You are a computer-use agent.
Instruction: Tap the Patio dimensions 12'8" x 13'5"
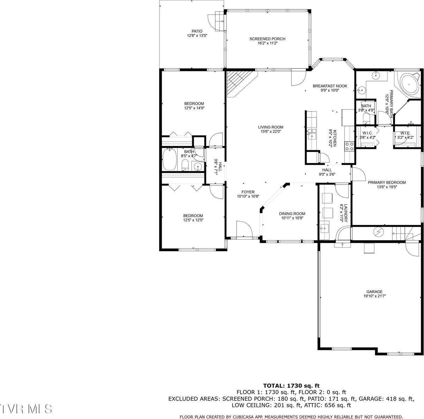point(197,36)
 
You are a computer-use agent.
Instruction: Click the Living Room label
point(270,127)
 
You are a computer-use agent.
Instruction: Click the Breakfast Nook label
point(329,86)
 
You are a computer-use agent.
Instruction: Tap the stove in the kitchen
point(349,146)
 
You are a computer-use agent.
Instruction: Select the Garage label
point(374,291)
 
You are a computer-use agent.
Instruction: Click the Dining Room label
point(292,214)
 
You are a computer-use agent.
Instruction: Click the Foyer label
point(248,192)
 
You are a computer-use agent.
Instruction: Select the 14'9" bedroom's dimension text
point(194,108)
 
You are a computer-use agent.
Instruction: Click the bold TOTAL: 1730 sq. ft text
point(291,386)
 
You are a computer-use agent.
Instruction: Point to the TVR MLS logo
point(26,409)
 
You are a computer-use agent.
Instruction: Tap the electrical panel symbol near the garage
point(378,231)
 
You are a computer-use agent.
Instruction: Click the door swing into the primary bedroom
point(358,173)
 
